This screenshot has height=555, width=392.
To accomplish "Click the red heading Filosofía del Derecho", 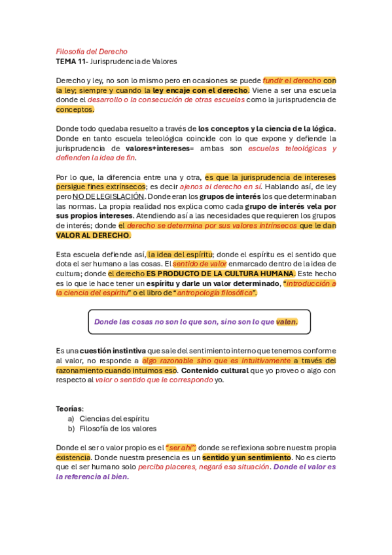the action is tap(92, 51).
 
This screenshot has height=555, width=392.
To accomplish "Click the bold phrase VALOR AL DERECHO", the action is tap(93, 235).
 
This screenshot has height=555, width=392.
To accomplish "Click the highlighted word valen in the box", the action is tap(287, 321).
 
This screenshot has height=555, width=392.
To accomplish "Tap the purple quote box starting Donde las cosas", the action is tap(199, 321).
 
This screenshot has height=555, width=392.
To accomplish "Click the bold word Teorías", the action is tap(69, 408).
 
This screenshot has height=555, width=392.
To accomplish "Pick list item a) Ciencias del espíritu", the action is tap(108, 418).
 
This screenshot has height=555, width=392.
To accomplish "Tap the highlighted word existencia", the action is tap(73, 457).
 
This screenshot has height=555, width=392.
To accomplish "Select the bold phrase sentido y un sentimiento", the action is tap(247, 457).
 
